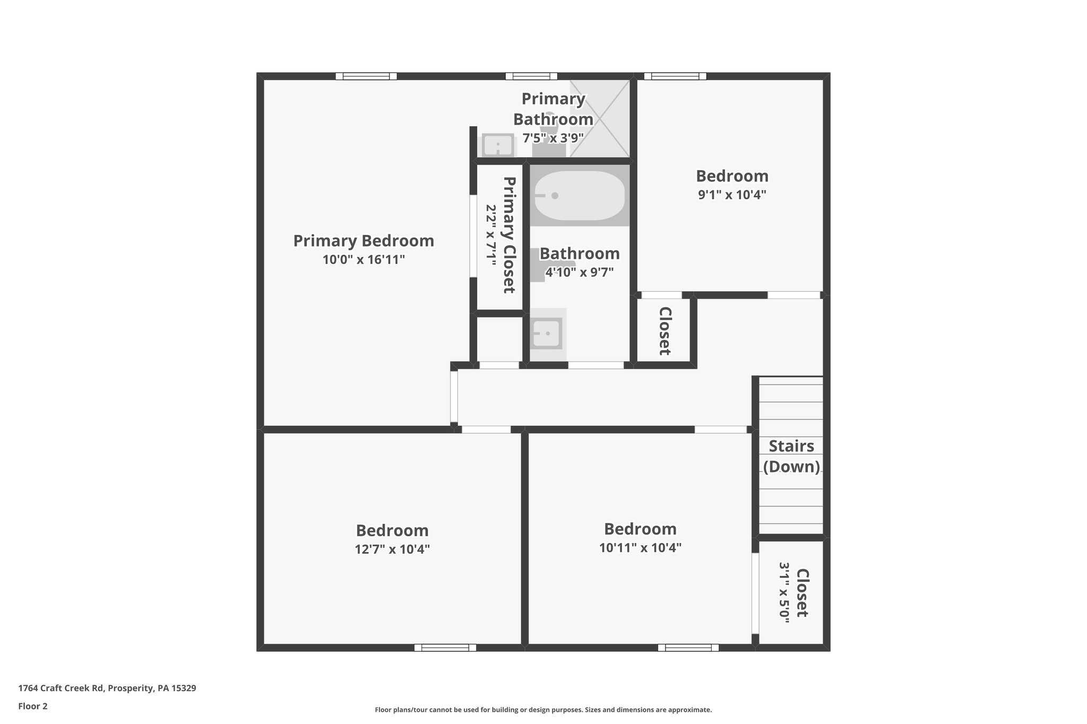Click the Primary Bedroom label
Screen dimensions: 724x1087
(364, 241)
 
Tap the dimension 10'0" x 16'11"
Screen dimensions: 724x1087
(364, 260)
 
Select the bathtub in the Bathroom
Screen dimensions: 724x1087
(579, 196)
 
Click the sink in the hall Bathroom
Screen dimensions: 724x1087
(546, 334)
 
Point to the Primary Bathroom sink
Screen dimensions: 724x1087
(498, 145)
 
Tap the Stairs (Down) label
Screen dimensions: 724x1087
(791, 456)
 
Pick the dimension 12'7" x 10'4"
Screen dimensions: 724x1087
(392, 549)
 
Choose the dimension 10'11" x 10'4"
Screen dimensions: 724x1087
(640, 547)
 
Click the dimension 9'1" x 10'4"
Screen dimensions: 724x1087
(732, 195)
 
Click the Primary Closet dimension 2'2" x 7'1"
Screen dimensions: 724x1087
(491, 235)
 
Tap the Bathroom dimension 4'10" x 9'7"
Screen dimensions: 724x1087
(580, 272)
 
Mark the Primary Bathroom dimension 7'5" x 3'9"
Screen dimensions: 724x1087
(553, 138)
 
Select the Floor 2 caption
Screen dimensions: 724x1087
(33, 706)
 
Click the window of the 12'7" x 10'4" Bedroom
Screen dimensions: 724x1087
(445, 647)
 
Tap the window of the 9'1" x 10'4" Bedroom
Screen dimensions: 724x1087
(675, 76)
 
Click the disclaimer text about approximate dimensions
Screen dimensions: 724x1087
(543, 710)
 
